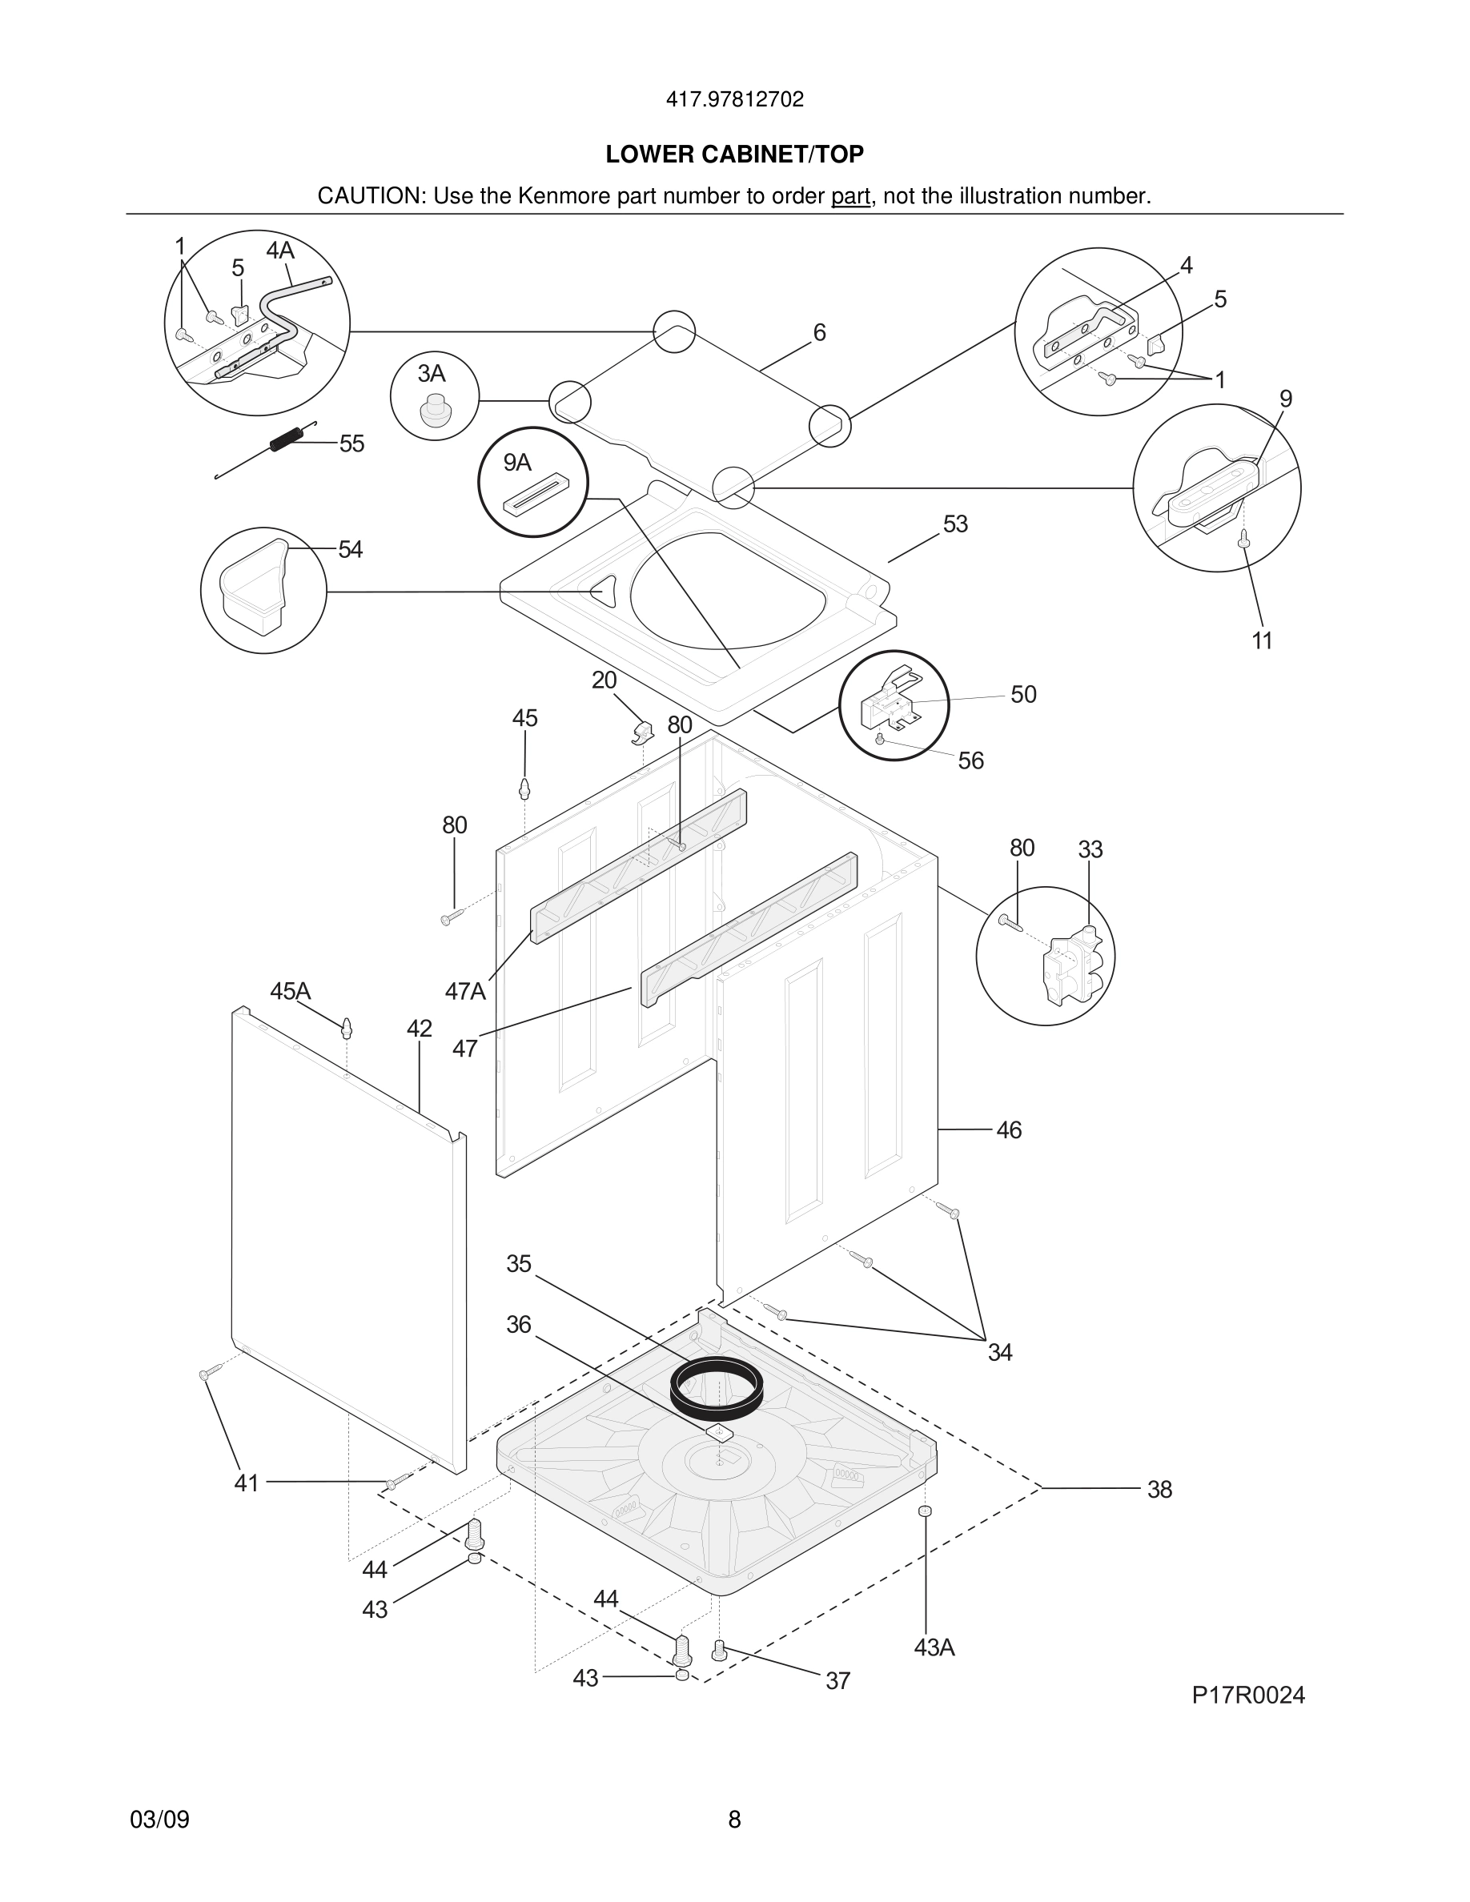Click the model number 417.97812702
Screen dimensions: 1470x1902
tap(734, 99)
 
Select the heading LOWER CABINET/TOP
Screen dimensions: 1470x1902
tap(734, 154)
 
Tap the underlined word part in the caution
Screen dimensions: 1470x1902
tap(850, 196)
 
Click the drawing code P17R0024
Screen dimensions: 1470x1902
tap(1248, 1695)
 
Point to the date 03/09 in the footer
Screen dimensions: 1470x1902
tap(159, 1820)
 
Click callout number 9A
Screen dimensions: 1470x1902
tap(517, 463)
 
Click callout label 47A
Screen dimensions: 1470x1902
tap(465, 991)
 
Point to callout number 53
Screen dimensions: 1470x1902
tap(955, 524)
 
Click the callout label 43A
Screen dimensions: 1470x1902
tap(934, 1647)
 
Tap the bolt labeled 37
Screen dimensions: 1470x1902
tap(718, 1648)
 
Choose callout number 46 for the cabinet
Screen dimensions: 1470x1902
tap(1009, 1130)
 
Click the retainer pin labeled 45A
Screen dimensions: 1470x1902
tap(347, 1028)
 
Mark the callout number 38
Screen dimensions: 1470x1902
tap(1159, 1489)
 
